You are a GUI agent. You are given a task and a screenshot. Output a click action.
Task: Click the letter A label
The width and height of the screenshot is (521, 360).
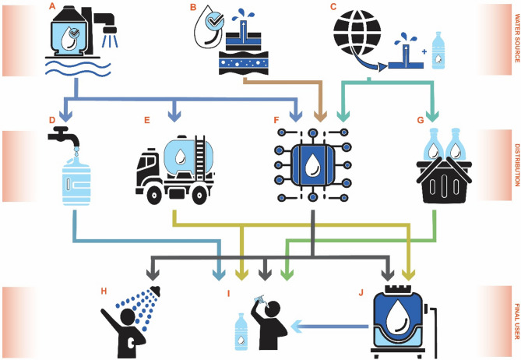[x=51, y=6]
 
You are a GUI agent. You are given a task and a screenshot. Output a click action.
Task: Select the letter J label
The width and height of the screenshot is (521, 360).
[x=360, y=293]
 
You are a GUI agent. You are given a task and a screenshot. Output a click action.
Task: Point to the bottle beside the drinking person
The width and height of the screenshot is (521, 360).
[x=241, y=330]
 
